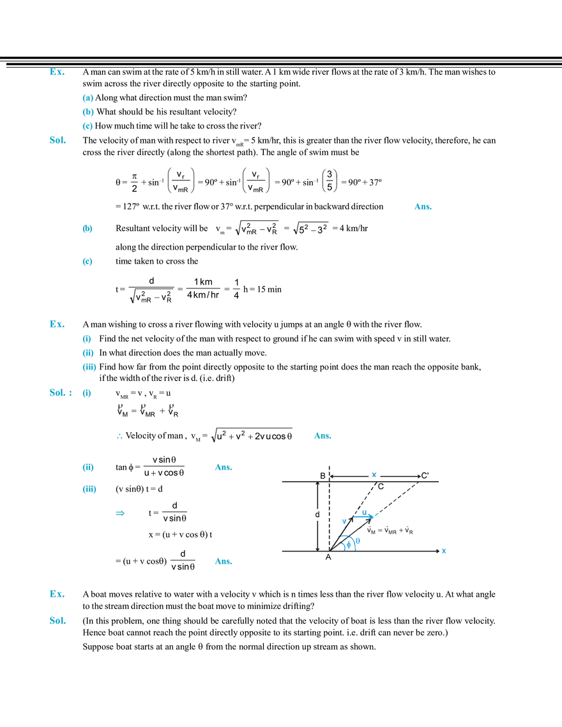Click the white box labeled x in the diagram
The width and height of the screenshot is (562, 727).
tap(375, 473)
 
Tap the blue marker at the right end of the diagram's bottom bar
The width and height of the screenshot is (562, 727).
tap(444, 551)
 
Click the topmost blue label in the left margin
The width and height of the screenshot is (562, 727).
tap(57, 73)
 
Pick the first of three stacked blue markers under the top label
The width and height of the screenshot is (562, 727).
tap(88, 98)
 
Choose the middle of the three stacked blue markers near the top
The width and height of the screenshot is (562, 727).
tap(88, 112)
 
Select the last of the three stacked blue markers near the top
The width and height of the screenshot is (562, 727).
tap(88, 127)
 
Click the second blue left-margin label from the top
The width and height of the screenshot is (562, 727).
tap(57, 140)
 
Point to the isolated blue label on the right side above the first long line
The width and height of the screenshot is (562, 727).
tap(422, 207)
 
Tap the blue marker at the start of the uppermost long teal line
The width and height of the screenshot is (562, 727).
tap(88, 262)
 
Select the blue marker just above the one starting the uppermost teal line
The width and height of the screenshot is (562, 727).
tap(88, 229)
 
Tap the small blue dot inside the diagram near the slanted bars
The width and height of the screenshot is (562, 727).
tap(343, 521)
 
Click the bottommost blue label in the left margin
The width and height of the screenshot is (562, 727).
tap(57, 621)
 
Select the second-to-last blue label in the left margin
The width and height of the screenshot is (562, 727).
tap(56, 595)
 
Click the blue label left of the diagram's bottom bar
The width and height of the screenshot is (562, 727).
tap(222, 561)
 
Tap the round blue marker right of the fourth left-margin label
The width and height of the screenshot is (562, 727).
tap(87, 394)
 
